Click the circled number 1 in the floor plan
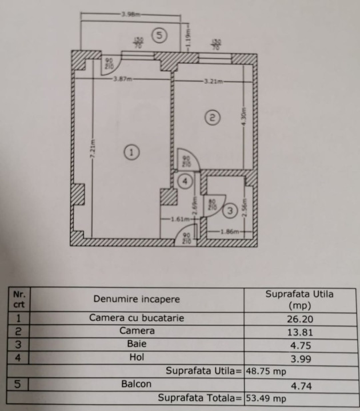(x=132, y=152)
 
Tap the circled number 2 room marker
(x=211, y=118)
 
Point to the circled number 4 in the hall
(x=185, y=182)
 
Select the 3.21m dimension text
(x=212, y=82)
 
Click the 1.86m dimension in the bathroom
(x=229, y=231)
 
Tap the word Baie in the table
(x=137, y=344)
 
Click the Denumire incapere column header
(x=137, y=299)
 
